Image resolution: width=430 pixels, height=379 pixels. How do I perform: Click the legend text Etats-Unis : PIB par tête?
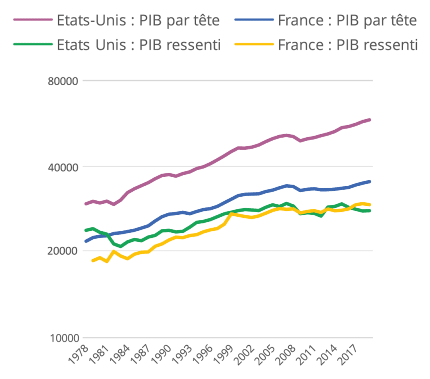(138, 21)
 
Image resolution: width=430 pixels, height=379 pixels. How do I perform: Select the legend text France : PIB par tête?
(347, 21)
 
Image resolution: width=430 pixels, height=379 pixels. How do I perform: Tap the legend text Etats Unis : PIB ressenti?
(139, 45)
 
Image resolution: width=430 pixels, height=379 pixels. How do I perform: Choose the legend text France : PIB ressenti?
(347, 45)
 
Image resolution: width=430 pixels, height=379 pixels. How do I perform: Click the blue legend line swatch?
(254, 21)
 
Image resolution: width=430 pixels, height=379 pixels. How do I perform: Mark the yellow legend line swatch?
(254, 45)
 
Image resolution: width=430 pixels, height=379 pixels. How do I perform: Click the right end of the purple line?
(369, 120)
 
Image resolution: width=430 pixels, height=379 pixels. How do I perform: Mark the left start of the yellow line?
(93, 261)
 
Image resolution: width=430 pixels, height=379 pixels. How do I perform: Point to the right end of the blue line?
(369, 181)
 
